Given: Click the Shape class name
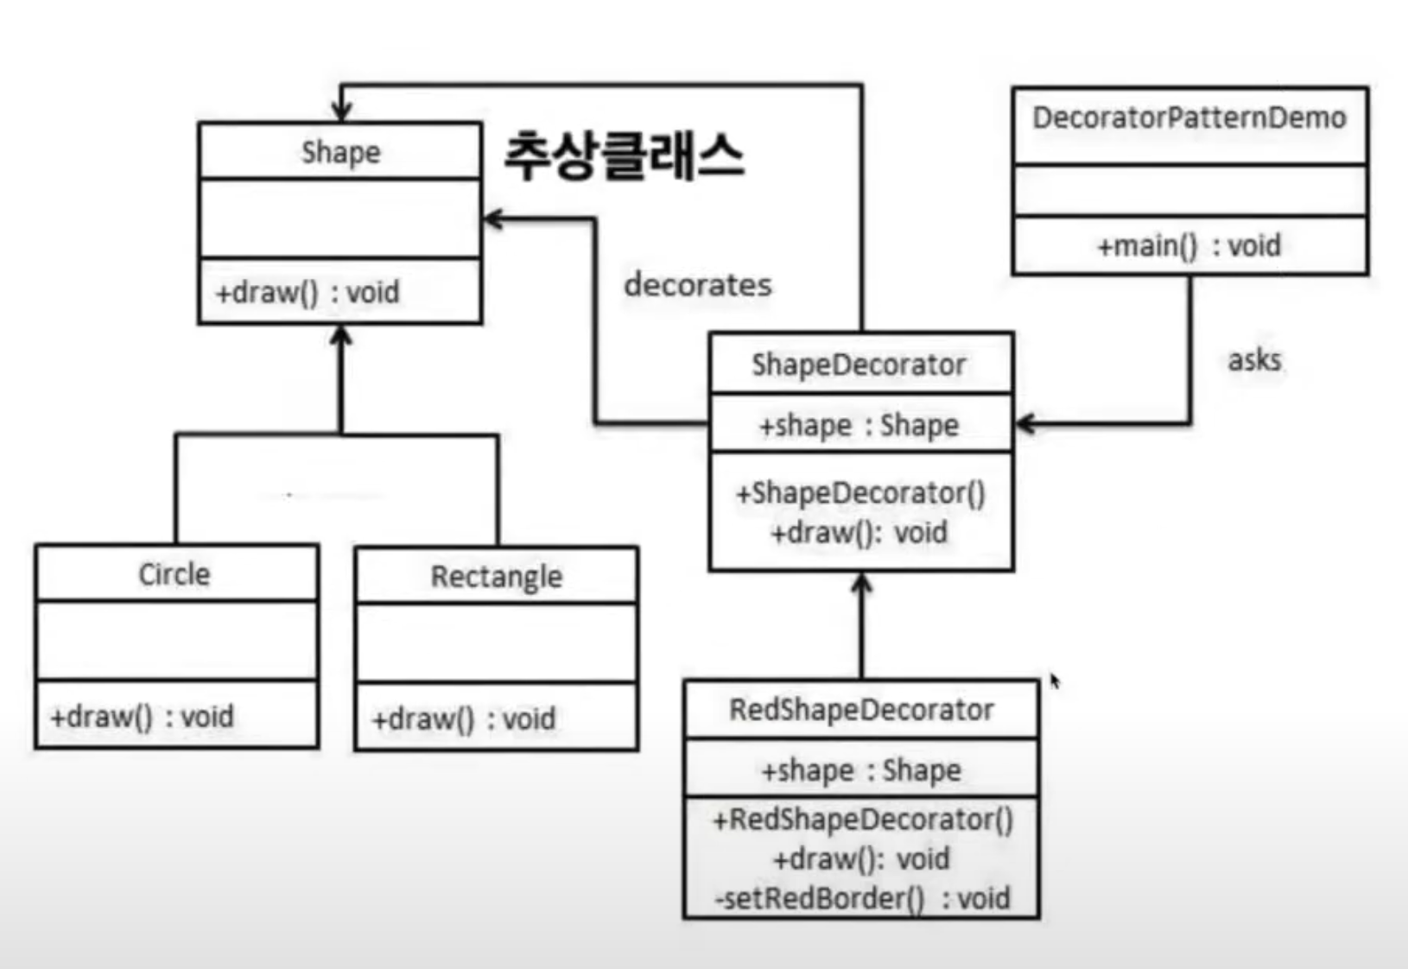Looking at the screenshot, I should pyautogui.click(x=340, y=152).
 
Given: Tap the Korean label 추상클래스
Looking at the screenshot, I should pyautogui.click(x=624, y=156).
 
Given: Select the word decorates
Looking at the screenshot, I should pyautogui.click(x=698, y=284).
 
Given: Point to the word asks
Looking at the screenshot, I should pyautogui.click(x=1254, y=359).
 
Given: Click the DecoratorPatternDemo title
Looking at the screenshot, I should pyautogui.click(x=1189, y=117).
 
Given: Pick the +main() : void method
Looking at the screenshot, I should pyautogui.click(x=1189, y=246).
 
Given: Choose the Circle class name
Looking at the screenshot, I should pyautogui.click(x=174, y=574).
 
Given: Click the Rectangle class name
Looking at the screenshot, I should pyautogui.click(x=497, y=576).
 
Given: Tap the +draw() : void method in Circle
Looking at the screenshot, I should pyautogui.click(x=142, y=717).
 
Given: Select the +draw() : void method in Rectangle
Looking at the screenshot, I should pyautogui.click(x=464, y=719).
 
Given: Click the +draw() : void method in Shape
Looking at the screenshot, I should pyautogui.click(x=308, y=292).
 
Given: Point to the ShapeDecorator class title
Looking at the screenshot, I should pyautogui.click(x=859, y=364).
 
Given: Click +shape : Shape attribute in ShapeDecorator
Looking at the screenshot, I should pyautogui.click(x=859, y=425).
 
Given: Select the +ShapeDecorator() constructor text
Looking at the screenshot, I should pyautogui.click(x=860, y=493).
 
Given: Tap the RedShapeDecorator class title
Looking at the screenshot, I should pyautogui.click(x=861, y=710).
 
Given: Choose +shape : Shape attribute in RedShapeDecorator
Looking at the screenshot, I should pyautogui.click(x=861, y=769).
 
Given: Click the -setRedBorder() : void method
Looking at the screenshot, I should pyautogui.click(x=862, y=899).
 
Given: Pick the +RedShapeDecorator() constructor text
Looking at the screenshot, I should pyautogui.click(x=862, y=819).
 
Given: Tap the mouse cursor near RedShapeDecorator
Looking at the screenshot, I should pyautogui.click(x=1055, y=681).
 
